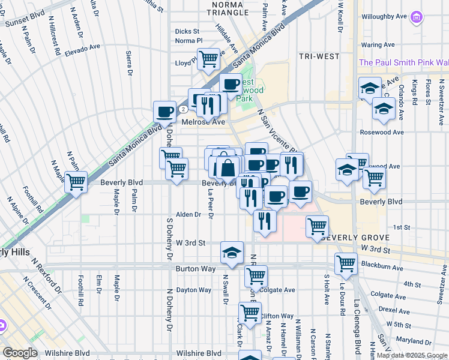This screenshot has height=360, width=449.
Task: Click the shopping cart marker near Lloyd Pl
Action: click(x=208, y=59)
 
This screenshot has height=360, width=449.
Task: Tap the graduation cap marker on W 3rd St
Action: click(x=232, y=253)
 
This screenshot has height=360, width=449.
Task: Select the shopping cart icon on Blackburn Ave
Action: click(x=346, y=262)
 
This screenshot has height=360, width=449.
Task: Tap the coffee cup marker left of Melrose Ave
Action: click(x=164, y=111)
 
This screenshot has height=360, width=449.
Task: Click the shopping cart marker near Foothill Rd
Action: click(x=76, y=181)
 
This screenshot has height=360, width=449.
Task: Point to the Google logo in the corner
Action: click(x=20, y=353)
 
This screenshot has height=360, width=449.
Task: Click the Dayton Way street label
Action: click(x=194, y=290)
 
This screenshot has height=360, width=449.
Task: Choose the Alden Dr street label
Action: click(x=188, y=214)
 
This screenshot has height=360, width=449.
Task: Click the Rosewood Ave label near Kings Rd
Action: click(x=381, y=132)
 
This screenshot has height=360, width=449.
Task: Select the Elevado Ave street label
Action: click(x=82, y=47)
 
